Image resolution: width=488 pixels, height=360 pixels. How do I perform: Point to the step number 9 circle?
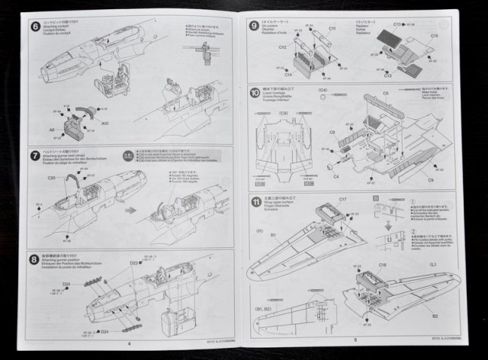255,26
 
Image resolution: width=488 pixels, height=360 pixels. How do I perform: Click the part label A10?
104,122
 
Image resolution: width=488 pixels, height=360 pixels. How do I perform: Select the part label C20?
51,178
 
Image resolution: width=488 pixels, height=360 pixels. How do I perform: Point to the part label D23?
134,263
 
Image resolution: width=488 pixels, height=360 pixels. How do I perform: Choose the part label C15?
434,36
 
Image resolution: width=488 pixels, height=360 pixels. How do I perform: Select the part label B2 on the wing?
435,315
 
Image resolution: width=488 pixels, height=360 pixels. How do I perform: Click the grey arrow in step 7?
131,210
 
